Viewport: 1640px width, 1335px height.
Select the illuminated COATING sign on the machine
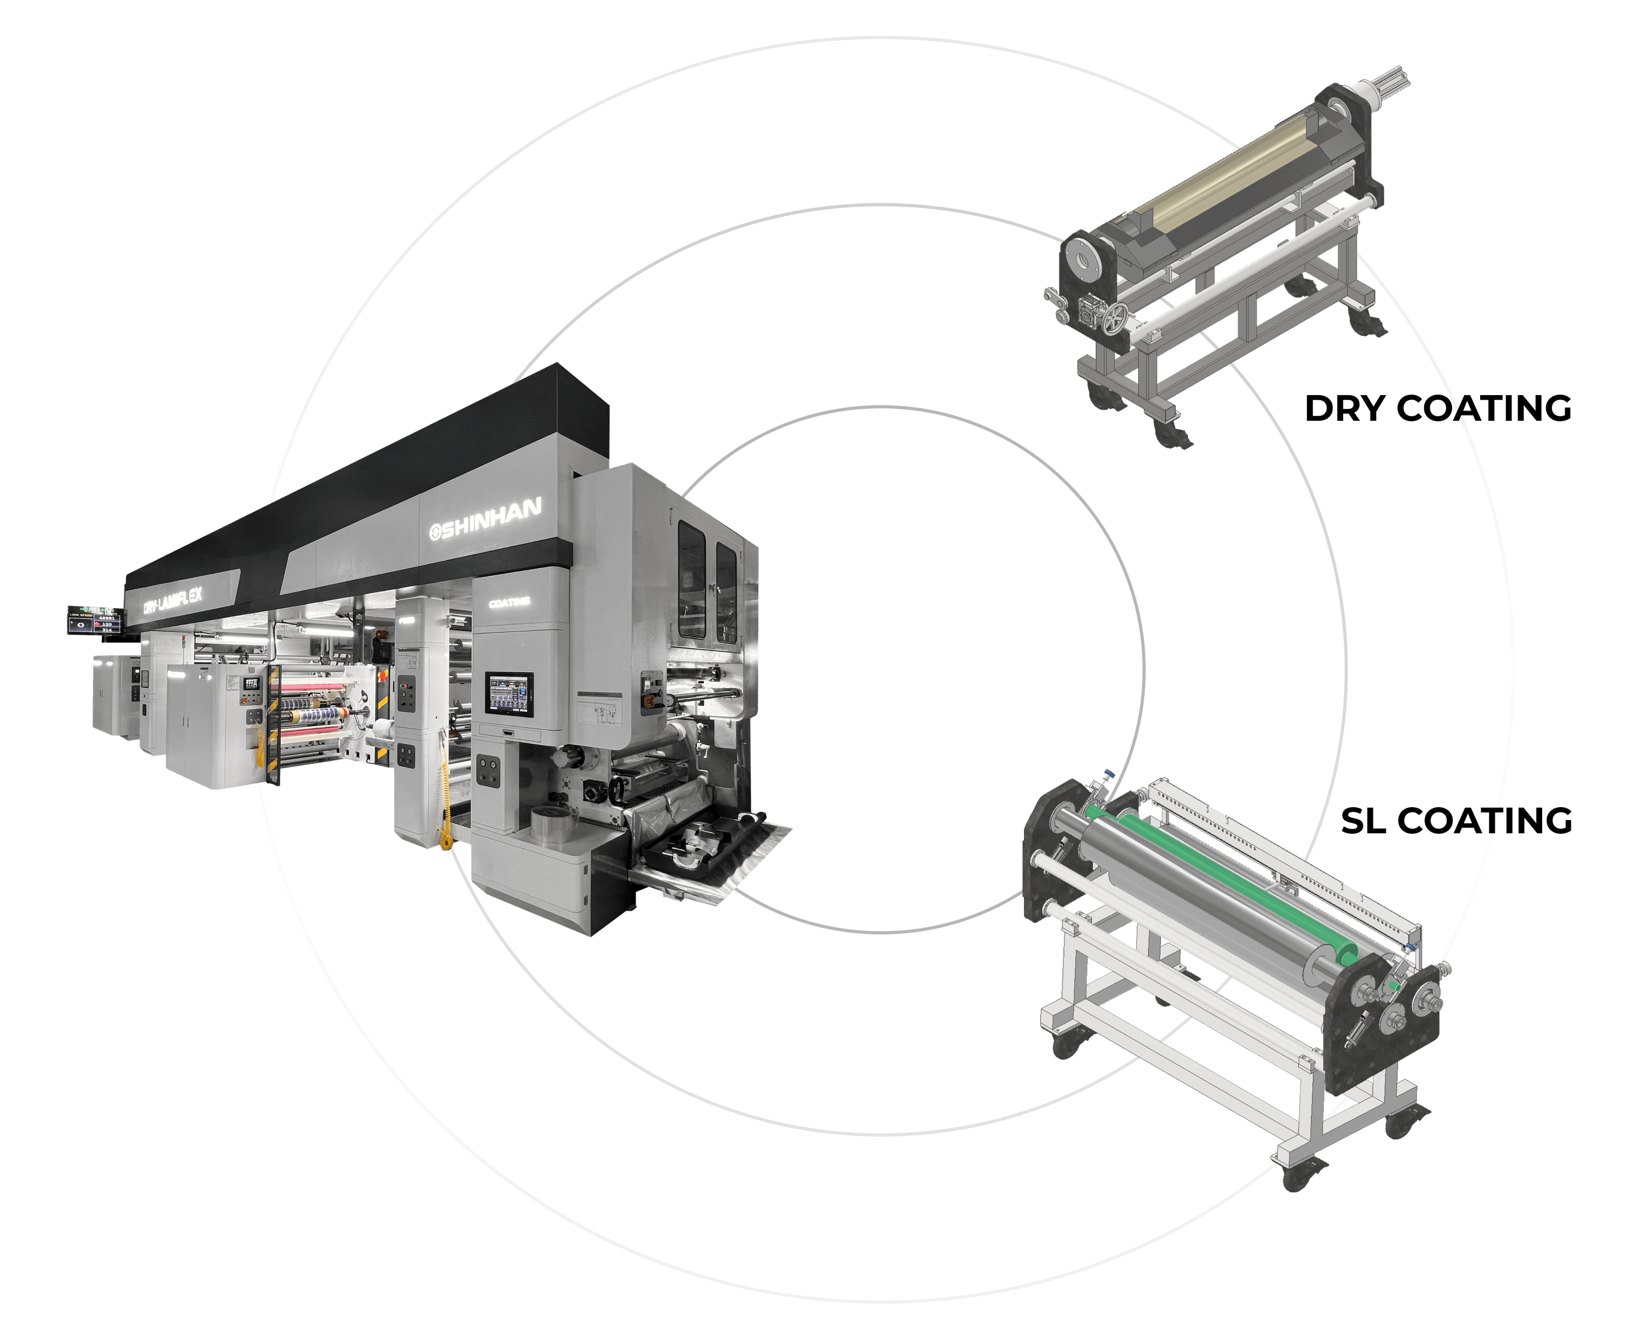click(509, 603)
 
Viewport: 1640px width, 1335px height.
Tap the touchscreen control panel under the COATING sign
click(509, 694)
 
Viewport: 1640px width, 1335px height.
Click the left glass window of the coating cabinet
click(690, 578)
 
